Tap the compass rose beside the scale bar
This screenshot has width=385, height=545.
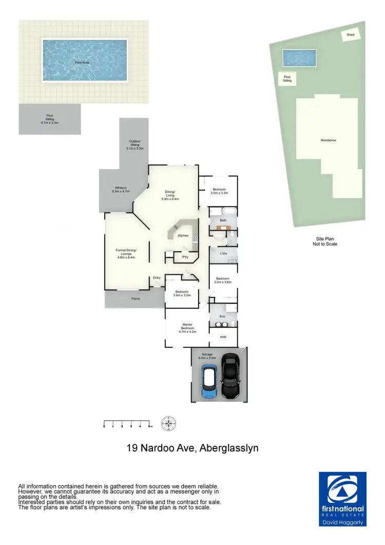tap(168, 424)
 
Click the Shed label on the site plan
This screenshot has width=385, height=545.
tap(351, 34)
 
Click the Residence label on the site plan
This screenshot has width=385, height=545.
tap(328, 140)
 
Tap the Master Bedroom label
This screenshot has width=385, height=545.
tap(187, 328)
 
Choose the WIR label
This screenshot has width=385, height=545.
tap(223, 337)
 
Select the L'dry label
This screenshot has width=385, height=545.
tap(223, 254)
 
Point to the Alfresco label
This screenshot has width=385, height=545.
tap(121, 190)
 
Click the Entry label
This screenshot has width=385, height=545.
tap(157, 278)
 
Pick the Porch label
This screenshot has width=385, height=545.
tap(136, 298)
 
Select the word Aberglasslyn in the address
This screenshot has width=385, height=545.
tap(228, 448)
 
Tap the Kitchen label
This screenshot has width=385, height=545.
tap(183, 236)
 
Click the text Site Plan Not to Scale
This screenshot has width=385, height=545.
tap(326, 241)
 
